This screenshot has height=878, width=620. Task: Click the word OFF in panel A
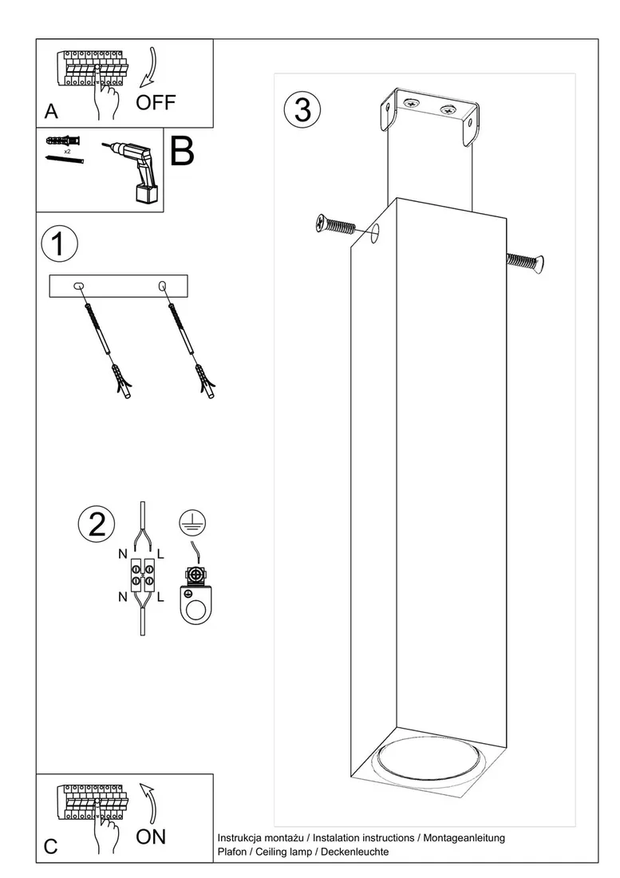[x=156, y=102]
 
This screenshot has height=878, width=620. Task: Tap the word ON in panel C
[x=151, y=837]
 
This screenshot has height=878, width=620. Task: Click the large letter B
[x=182, y=151]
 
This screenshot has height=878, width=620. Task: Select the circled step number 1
[x=59, y=243]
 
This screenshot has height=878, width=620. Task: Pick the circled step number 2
[x=97, y=524]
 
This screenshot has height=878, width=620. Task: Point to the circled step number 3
[x=302, y=109]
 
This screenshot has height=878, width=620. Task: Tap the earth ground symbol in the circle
[x=192, y=523]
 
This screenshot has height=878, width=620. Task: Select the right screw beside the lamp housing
[x=525, y=262]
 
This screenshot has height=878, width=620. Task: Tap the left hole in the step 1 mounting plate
[x=79, y=286]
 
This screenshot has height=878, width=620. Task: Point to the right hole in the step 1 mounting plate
[x=163, y=286]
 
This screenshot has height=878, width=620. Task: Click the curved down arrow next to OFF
[x=151, y=68]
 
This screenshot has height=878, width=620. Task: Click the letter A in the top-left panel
[x=51, y=112]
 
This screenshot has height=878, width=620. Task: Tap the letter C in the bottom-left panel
[x=50, y=847]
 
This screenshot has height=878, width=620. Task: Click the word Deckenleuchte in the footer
[x=355, y=852]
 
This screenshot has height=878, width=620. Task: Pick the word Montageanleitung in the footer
[x=464, y=838]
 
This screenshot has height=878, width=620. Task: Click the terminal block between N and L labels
[x=142, y=575]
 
